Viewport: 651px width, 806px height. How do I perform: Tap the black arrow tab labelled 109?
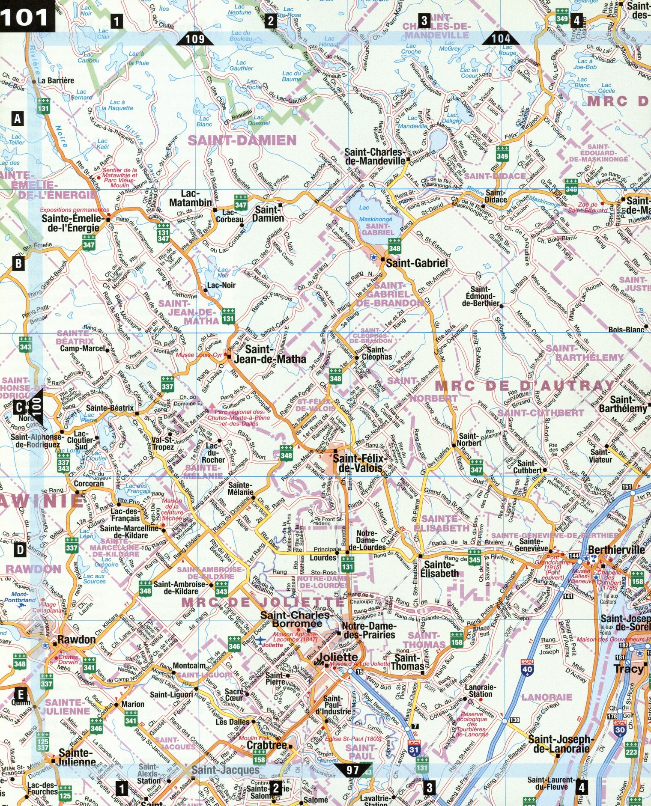coord(194,39)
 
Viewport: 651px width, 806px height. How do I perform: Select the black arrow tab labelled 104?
coord(500,39)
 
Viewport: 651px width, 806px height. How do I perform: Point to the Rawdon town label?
coord(77,640)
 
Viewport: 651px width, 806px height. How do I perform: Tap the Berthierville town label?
coord(616,550)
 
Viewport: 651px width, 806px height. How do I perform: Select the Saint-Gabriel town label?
coord(417,263)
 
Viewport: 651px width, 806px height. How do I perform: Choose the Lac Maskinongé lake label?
coord(375,220)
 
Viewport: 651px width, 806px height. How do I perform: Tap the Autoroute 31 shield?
coord(414,748)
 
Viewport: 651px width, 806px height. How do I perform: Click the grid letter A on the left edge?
coord(18,118)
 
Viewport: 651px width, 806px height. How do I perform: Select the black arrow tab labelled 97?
coord(352,770)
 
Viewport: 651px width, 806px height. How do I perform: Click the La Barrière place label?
coord(56,80)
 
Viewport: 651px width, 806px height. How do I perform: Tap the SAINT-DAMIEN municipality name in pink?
coord(242,140)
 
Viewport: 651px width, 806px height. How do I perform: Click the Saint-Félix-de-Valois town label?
coord(360,463)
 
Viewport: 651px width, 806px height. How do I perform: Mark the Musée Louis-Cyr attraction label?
coord(199,355)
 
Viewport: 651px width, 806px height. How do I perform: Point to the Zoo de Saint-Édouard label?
coord(587,207)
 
